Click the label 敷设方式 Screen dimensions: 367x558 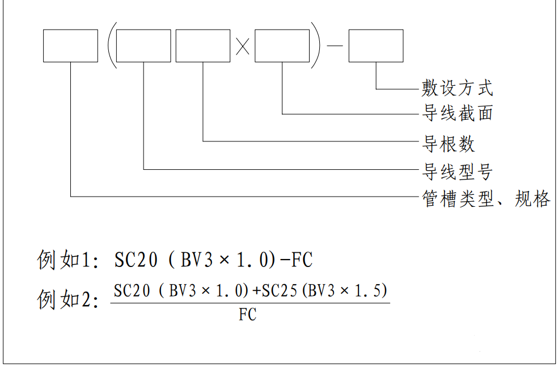coord(457,88)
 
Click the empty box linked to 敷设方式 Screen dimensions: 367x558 coord(375,46)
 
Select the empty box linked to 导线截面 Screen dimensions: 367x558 coord(282,46)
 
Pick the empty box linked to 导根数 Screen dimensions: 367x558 coord(202,46)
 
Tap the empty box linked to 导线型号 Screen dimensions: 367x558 coord(143,46)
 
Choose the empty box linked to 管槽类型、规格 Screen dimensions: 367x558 coord(70,46)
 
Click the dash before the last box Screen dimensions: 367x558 coord(335,46)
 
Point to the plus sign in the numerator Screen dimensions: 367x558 coord(256,291)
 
